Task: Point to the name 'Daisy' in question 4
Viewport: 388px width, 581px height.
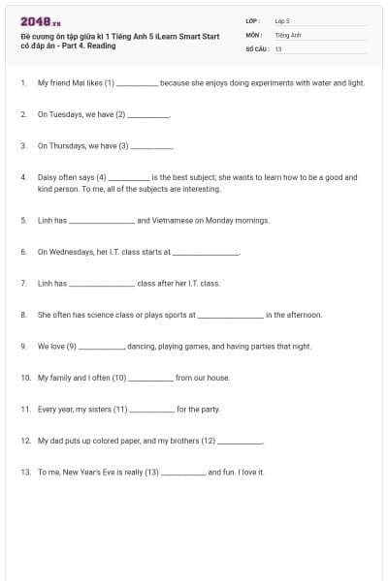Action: (48, 177)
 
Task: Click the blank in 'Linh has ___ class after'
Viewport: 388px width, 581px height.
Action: (102, 284)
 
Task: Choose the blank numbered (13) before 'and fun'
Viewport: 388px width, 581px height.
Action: (182, 472)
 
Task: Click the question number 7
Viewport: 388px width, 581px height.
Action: (23, 284)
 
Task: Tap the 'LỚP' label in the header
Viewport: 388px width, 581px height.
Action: (252, 19)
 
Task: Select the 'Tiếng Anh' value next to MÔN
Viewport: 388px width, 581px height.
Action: (287, 34)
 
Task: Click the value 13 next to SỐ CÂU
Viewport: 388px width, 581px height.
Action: (278, 47)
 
